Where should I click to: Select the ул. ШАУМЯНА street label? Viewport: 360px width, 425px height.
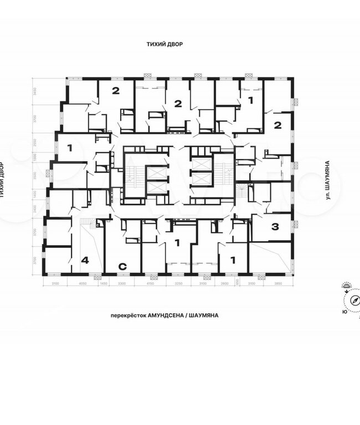coord(328,183)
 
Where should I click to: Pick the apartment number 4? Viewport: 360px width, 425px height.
coord(85,260)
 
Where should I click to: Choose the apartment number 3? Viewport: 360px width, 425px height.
coord(275,226)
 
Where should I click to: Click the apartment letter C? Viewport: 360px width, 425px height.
coord(123,266)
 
